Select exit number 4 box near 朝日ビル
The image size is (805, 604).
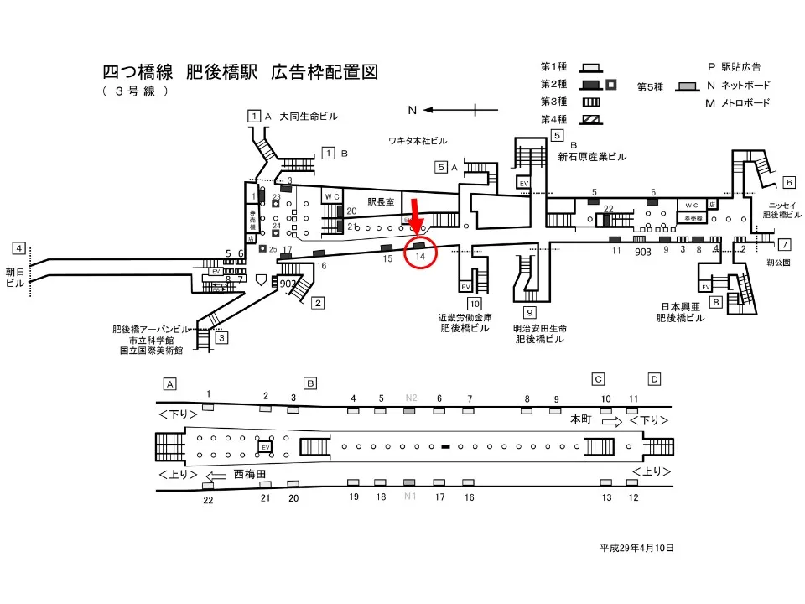18,248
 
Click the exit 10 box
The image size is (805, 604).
475,304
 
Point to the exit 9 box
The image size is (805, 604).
530,314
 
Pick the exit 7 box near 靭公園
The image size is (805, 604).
784,245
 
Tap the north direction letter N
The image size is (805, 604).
412,110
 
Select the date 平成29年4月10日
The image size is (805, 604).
636,548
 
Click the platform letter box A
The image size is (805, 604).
170,383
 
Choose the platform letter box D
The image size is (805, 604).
654,378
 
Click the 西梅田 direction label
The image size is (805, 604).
250,474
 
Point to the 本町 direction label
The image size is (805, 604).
581,418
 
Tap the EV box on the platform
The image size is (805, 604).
266,447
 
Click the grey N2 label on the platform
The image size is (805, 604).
411,398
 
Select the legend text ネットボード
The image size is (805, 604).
745,86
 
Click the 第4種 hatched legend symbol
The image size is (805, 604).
592,120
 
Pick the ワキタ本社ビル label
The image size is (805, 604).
418,139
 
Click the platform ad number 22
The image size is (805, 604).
208,500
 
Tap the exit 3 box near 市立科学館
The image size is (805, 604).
221,338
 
